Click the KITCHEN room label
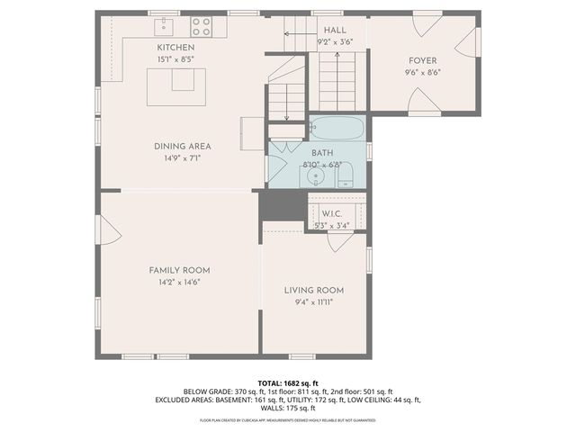click(175, 47)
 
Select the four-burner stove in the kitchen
click(201, 26)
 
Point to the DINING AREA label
click(182, 146)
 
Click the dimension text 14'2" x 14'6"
click(179, 282)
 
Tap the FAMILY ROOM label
click(179, 270)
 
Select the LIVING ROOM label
click(314, 290)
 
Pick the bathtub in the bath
click(337, 128)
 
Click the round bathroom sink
click(317, 176)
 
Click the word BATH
click(322, 153)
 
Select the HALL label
click(336, 30)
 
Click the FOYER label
click(422, 60)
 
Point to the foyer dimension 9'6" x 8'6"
click(422, 72)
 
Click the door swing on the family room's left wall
click(110, 234)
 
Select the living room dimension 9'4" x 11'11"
click(314, 302)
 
